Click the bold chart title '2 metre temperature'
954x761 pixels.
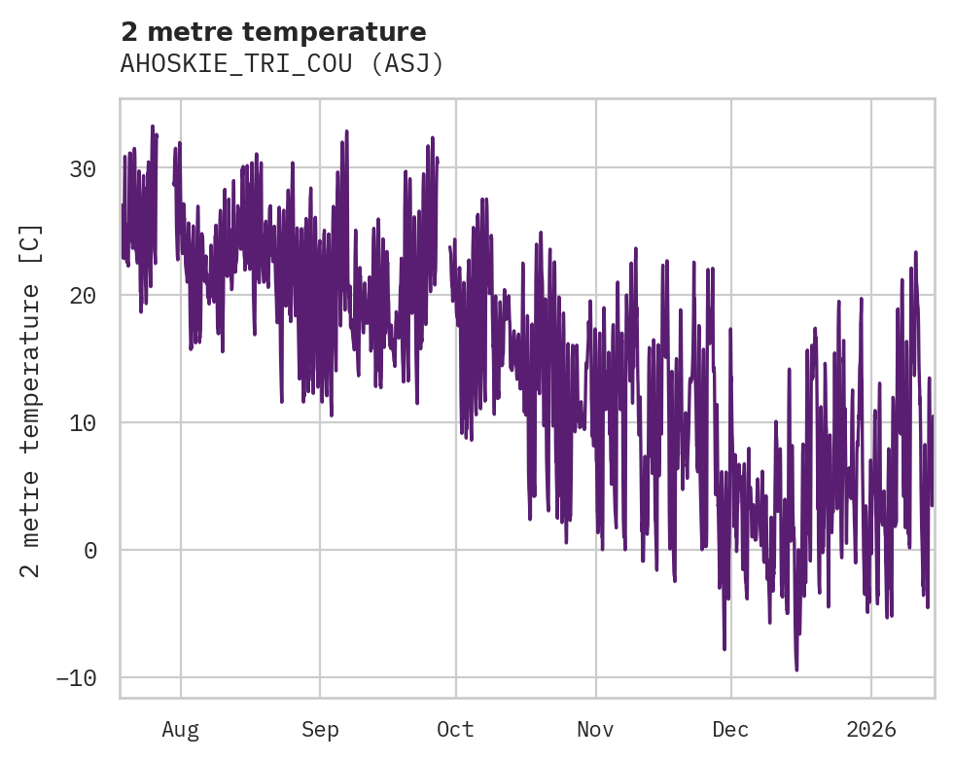pyautogui.click(x=273, y=32)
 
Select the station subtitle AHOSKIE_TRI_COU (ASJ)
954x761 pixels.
pyautogui.click(x=282, y=63)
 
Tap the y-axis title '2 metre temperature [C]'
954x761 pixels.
pyautogui.click(x=31, y=400)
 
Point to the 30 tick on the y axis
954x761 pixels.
pyautogui.click(x=83, y=169)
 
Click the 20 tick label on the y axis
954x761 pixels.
pyautogui.click(x=83, y=296)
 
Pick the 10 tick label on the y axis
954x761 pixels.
pyautogui.click(x=83, y=423)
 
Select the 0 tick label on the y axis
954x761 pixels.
pyautogui.click(x=89, y=551)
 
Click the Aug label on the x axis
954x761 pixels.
pyautogui.click(x=180, y=729)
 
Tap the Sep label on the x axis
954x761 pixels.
pyautogui.click(x=319, y=729)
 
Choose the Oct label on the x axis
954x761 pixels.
pyautogui.click(x=455, y=729)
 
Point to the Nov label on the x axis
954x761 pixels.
pyautogui.click(x=595, y=729)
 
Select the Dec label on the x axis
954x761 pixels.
pyautogui.click(x=730, y=729)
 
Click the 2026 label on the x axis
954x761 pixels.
pyautogui.click(x=870, y=729)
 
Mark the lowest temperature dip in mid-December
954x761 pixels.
pyautogui.click(x=796, y=669)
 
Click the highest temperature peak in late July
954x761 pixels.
pyautogui.click(x=153, y=127)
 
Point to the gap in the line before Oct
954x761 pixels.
pyautogui.click(x=443, y=243)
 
